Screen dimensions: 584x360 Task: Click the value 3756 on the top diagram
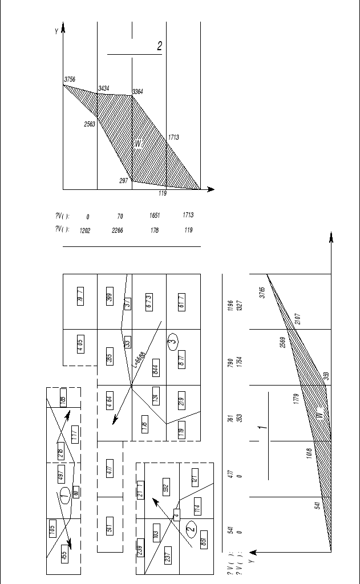70,79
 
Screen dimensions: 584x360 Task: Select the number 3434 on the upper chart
103,88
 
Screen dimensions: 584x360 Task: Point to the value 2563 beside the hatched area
89,124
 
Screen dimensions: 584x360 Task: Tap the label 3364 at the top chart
138,91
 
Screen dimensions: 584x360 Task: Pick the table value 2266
118,230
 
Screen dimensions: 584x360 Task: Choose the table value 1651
155,216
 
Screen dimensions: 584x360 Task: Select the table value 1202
84,230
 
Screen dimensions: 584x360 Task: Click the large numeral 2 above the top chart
160,46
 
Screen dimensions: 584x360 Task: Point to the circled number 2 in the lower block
192,528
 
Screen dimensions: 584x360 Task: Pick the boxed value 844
155,366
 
